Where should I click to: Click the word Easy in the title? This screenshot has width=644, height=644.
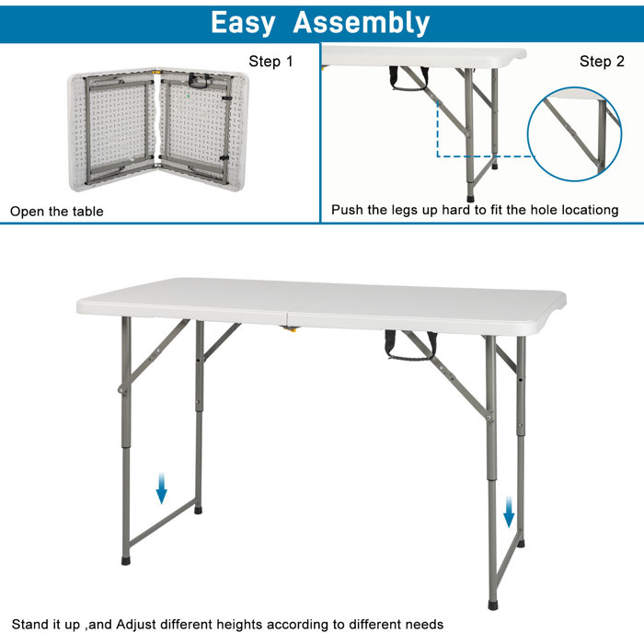tap(244, 22)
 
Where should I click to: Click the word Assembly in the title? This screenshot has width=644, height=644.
tap(362, 22)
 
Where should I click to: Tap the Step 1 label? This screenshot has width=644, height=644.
tap(270, 62)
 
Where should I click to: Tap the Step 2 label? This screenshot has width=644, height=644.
tap(602, 62)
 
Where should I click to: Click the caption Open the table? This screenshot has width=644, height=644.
tap(57, 212)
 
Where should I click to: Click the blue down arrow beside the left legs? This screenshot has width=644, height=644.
tap(162, 489)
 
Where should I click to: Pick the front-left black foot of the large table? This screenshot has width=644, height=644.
tap(126, 558)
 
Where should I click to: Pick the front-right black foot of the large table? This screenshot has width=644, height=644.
tap(493, 604)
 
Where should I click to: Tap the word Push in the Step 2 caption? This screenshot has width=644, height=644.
tap(347, 211)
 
